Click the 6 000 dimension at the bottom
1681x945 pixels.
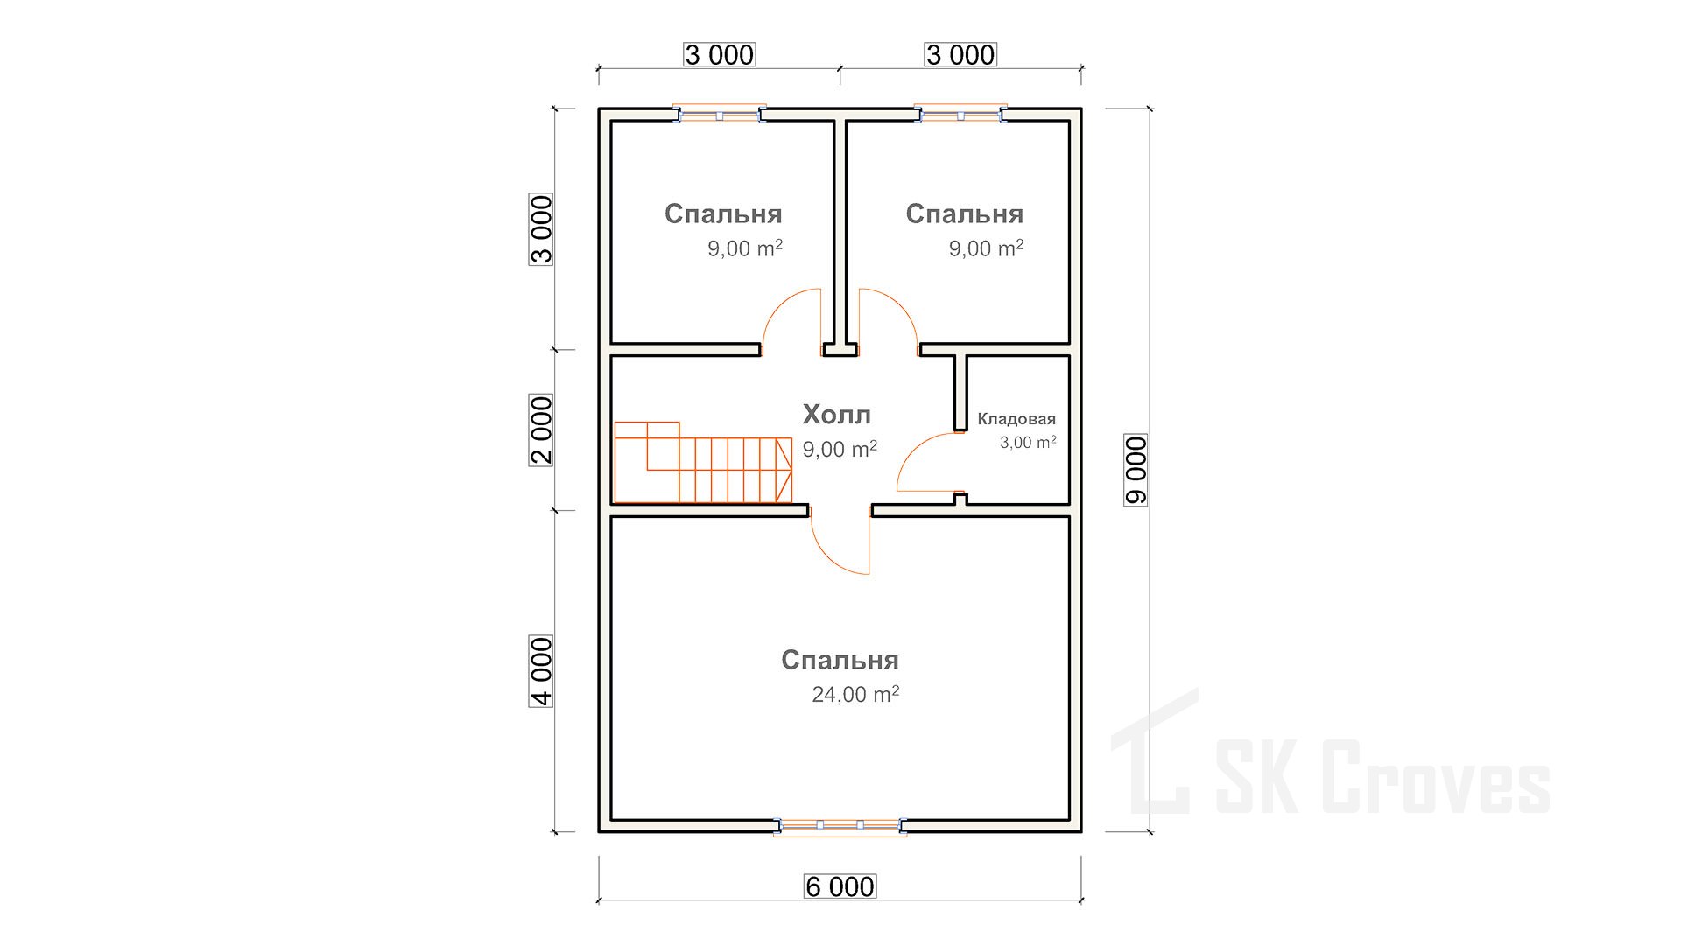coord(840,886)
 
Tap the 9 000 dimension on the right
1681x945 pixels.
coord(1136,470)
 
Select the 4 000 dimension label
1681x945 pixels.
coord(541,671)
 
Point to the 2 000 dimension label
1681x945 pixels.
coord(541,430)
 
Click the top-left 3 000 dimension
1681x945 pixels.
coord(719,54)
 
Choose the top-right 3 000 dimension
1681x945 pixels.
coord(960,54)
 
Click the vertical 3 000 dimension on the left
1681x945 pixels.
coord(541,228)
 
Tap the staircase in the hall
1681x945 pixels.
coord(703,462)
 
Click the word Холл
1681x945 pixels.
coord(837,414)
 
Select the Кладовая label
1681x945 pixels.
coord(1016,419)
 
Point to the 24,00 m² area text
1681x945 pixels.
coord(855,694)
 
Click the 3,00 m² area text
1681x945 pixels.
coord(1028,442)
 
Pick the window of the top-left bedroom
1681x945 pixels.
coord(719,114)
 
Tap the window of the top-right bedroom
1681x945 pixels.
coord(960,114)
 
